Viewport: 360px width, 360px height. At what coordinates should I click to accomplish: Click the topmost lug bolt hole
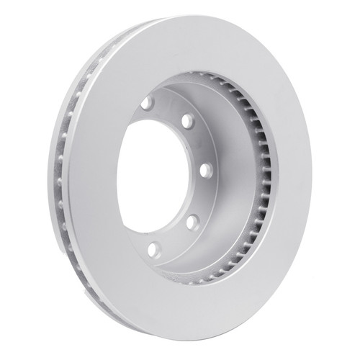(x=146, y=103)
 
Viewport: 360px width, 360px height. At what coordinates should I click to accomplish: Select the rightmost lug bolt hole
(x=204, y=171)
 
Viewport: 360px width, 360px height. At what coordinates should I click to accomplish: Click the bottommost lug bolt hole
(x=153, y=249)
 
